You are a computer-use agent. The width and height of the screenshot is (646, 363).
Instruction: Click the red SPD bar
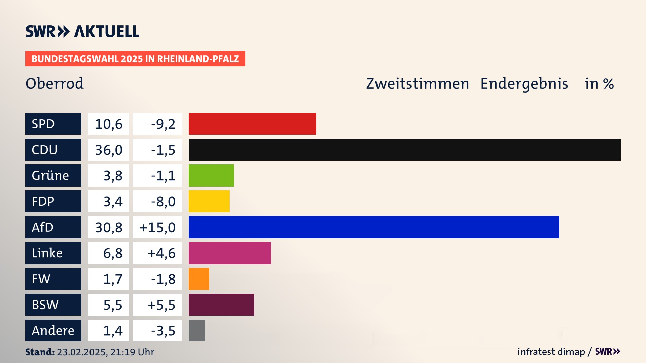(252, 124)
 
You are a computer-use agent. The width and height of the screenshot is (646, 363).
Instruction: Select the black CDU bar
(404, 150)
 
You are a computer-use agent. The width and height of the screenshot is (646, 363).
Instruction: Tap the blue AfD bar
(374, 227)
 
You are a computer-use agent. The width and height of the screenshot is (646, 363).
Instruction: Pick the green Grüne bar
(211, 175)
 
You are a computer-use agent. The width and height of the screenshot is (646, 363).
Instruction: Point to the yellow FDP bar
(209, 201)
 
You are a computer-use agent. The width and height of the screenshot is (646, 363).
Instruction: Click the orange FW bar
(199, 279)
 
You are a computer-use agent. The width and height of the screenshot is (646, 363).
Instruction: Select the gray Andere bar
(197, 330)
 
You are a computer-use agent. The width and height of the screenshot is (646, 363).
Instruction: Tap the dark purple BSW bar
(221, 305)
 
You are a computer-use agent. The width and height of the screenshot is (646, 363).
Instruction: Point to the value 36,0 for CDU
(109, 150)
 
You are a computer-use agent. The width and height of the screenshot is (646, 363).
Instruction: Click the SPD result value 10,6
(109, 124)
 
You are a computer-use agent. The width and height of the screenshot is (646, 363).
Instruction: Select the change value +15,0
(157, 228)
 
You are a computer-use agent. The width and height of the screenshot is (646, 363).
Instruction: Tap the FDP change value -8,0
(163, 202)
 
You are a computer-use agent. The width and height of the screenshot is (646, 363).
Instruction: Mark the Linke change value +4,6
(161, 253)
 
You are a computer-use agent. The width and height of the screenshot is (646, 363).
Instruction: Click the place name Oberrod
(55, 83)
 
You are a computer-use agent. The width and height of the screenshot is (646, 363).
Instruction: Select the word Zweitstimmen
(417, 84)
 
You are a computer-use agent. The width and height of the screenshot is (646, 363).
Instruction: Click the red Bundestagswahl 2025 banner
(135, 59)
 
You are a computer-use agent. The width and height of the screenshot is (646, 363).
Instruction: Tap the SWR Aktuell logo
(82, 31)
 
